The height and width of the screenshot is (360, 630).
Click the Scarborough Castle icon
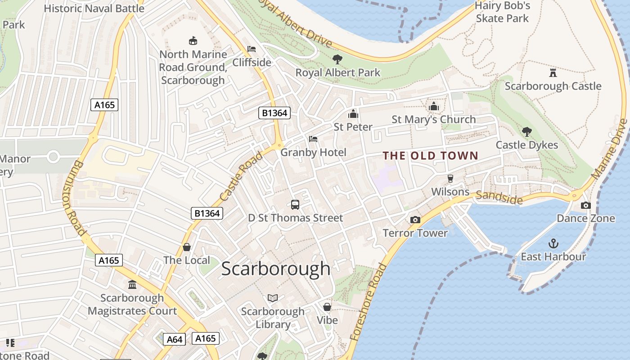pos(553,72)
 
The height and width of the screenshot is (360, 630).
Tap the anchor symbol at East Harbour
pos(553,243)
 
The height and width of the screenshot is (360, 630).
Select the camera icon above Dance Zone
pos(585,205)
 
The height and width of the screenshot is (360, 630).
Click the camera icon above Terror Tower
pos(415,220)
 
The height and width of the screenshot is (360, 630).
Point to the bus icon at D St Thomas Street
pos(295,205)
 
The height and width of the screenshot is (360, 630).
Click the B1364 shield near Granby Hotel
pos(274,112)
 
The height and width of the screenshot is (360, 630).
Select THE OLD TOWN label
pos(430,156)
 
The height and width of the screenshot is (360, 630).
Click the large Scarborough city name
pos(275,269)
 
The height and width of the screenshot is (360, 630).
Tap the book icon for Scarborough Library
pos(273,298)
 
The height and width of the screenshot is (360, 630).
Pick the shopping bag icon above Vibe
pos(327,307)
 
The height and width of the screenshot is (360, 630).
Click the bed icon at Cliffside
pos(252,49)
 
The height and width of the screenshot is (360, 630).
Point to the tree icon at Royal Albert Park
pos(337,59)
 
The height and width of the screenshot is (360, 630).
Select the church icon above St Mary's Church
pos(434,106)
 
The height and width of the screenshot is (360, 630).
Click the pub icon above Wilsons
pos(450,179)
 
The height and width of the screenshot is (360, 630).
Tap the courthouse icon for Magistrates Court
pos(132,284)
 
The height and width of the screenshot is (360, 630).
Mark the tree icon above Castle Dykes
pos(526,131)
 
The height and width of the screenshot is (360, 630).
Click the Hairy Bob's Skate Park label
pos(502,12)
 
